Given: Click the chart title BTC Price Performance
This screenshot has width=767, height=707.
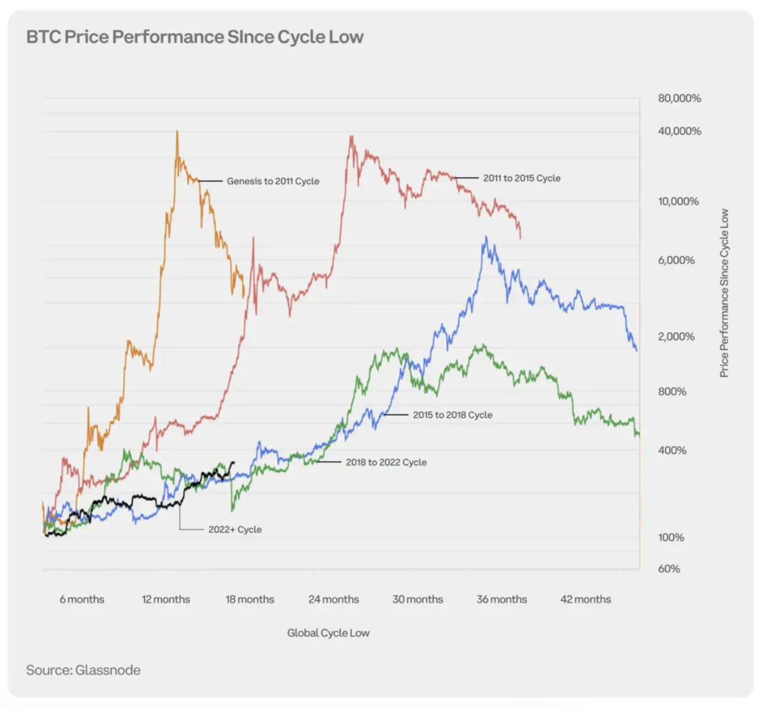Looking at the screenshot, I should tap(195, 37).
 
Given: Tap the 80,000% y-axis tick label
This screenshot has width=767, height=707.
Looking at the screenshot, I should tap(679, 98).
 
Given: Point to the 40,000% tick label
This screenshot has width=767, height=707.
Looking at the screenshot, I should tap(679, 131).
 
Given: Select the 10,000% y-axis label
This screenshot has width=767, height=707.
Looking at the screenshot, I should tap(678, 201).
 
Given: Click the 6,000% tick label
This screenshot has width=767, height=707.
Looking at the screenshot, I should tap(676, 260).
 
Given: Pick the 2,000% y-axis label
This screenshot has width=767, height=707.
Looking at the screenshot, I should tap(676, 336).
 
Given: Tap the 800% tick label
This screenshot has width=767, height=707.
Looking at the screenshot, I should tap(672, 392).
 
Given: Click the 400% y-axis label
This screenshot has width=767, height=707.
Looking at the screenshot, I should tap(672, 450).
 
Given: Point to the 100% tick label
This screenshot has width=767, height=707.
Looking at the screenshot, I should tap(671, 537).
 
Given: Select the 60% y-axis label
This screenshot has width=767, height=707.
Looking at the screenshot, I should tap(669, 569).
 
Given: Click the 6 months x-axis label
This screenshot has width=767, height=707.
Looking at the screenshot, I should tap(82, 599).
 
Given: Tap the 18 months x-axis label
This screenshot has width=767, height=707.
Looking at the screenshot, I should tap(250, 599).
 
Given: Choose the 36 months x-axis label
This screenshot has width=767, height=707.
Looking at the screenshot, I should tap(502, 599).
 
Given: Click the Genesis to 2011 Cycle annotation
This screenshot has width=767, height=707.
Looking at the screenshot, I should tap(273, 181).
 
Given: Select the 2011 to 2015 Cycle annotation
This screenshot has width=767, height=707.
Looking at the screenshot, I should tap(522, 178).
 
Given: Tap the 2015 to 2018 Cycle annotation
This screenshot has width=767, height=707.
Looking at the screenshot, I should tap(452, 415).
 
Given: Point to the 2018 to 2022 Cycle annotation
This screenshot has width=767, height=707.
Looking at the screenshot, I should tap(386, 462).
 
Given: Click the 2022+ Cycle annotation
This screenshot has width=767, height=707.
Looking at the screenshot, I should tap(235, 529).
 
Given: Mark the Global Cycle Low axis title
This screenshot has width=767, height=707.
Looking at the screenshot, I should tap(328, 633).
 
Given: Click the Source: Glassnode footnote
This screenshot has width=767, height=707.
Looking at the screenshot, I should tap(83, 670).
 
